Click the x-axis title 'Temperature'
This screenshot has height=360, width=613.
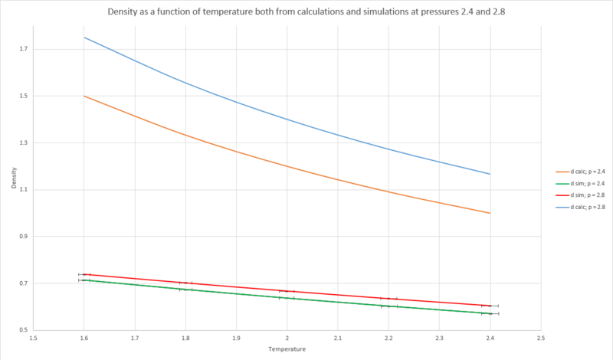(287, 349)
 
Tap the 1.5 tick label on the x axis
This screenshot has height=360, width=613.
(33, 338)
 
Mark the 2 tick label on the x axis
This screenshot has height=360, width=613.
(287, 338)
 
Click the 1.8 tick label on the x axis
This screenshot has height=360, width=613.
(185, 338)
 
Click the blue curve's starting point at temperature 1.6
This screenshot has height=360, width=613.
(84, 38)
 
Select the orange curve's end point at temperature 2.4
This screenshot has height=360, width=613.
(490, 213)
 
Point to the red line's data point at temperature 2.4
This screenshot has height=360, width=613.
(490, 306)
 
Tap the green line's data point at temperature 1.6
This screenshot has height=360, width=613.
(84, 280)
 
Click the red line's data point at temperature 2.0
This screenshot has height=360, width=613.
(287, 291)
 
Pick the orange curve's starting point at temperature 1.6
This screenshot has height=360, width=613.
(84, 96)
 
